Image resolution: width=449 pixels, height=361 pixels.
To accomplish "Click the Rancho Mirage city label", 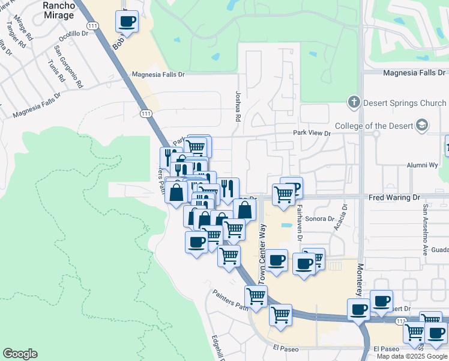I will pyautogui.click(x=59, y=10).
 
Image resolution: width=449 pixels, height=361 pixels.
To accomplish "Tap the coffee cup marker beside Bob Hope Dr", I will pyautogui.click(x=127, y=22).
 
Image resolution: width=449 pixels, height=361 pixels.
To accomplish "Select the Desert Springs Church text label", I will pyautogui.click(x=405, y=103).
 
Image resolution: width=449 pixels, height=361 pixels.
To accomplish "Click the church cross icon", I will pyautogui.click(x=354, y=103).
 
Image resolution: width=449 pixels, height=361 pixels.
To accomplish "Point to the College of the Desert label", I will pyautogui.click(x=373, y=126).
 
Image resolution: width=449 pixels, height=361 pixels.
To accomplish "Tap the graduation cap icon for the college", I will pyautogui.click(x=421, y=125).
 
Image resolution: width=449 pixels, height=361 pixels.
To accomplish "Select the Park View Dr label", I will pyautogui.click(x=312, y=132).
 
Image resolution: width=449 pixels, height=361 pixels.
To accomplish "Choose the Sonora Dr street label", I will pyautogui.click(x=319, y=219).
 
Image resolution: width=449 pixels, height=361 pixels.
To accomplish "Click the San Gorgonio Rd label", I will pyautogui.click(x=67, y=66).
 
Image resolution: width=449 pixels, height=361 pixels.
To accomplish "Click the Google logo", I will pyautogui.click(x=20, y=354).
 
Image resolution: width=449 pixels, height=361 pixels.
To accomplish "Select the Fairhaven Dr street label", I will pyautogui.click(x=298, y=223).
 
